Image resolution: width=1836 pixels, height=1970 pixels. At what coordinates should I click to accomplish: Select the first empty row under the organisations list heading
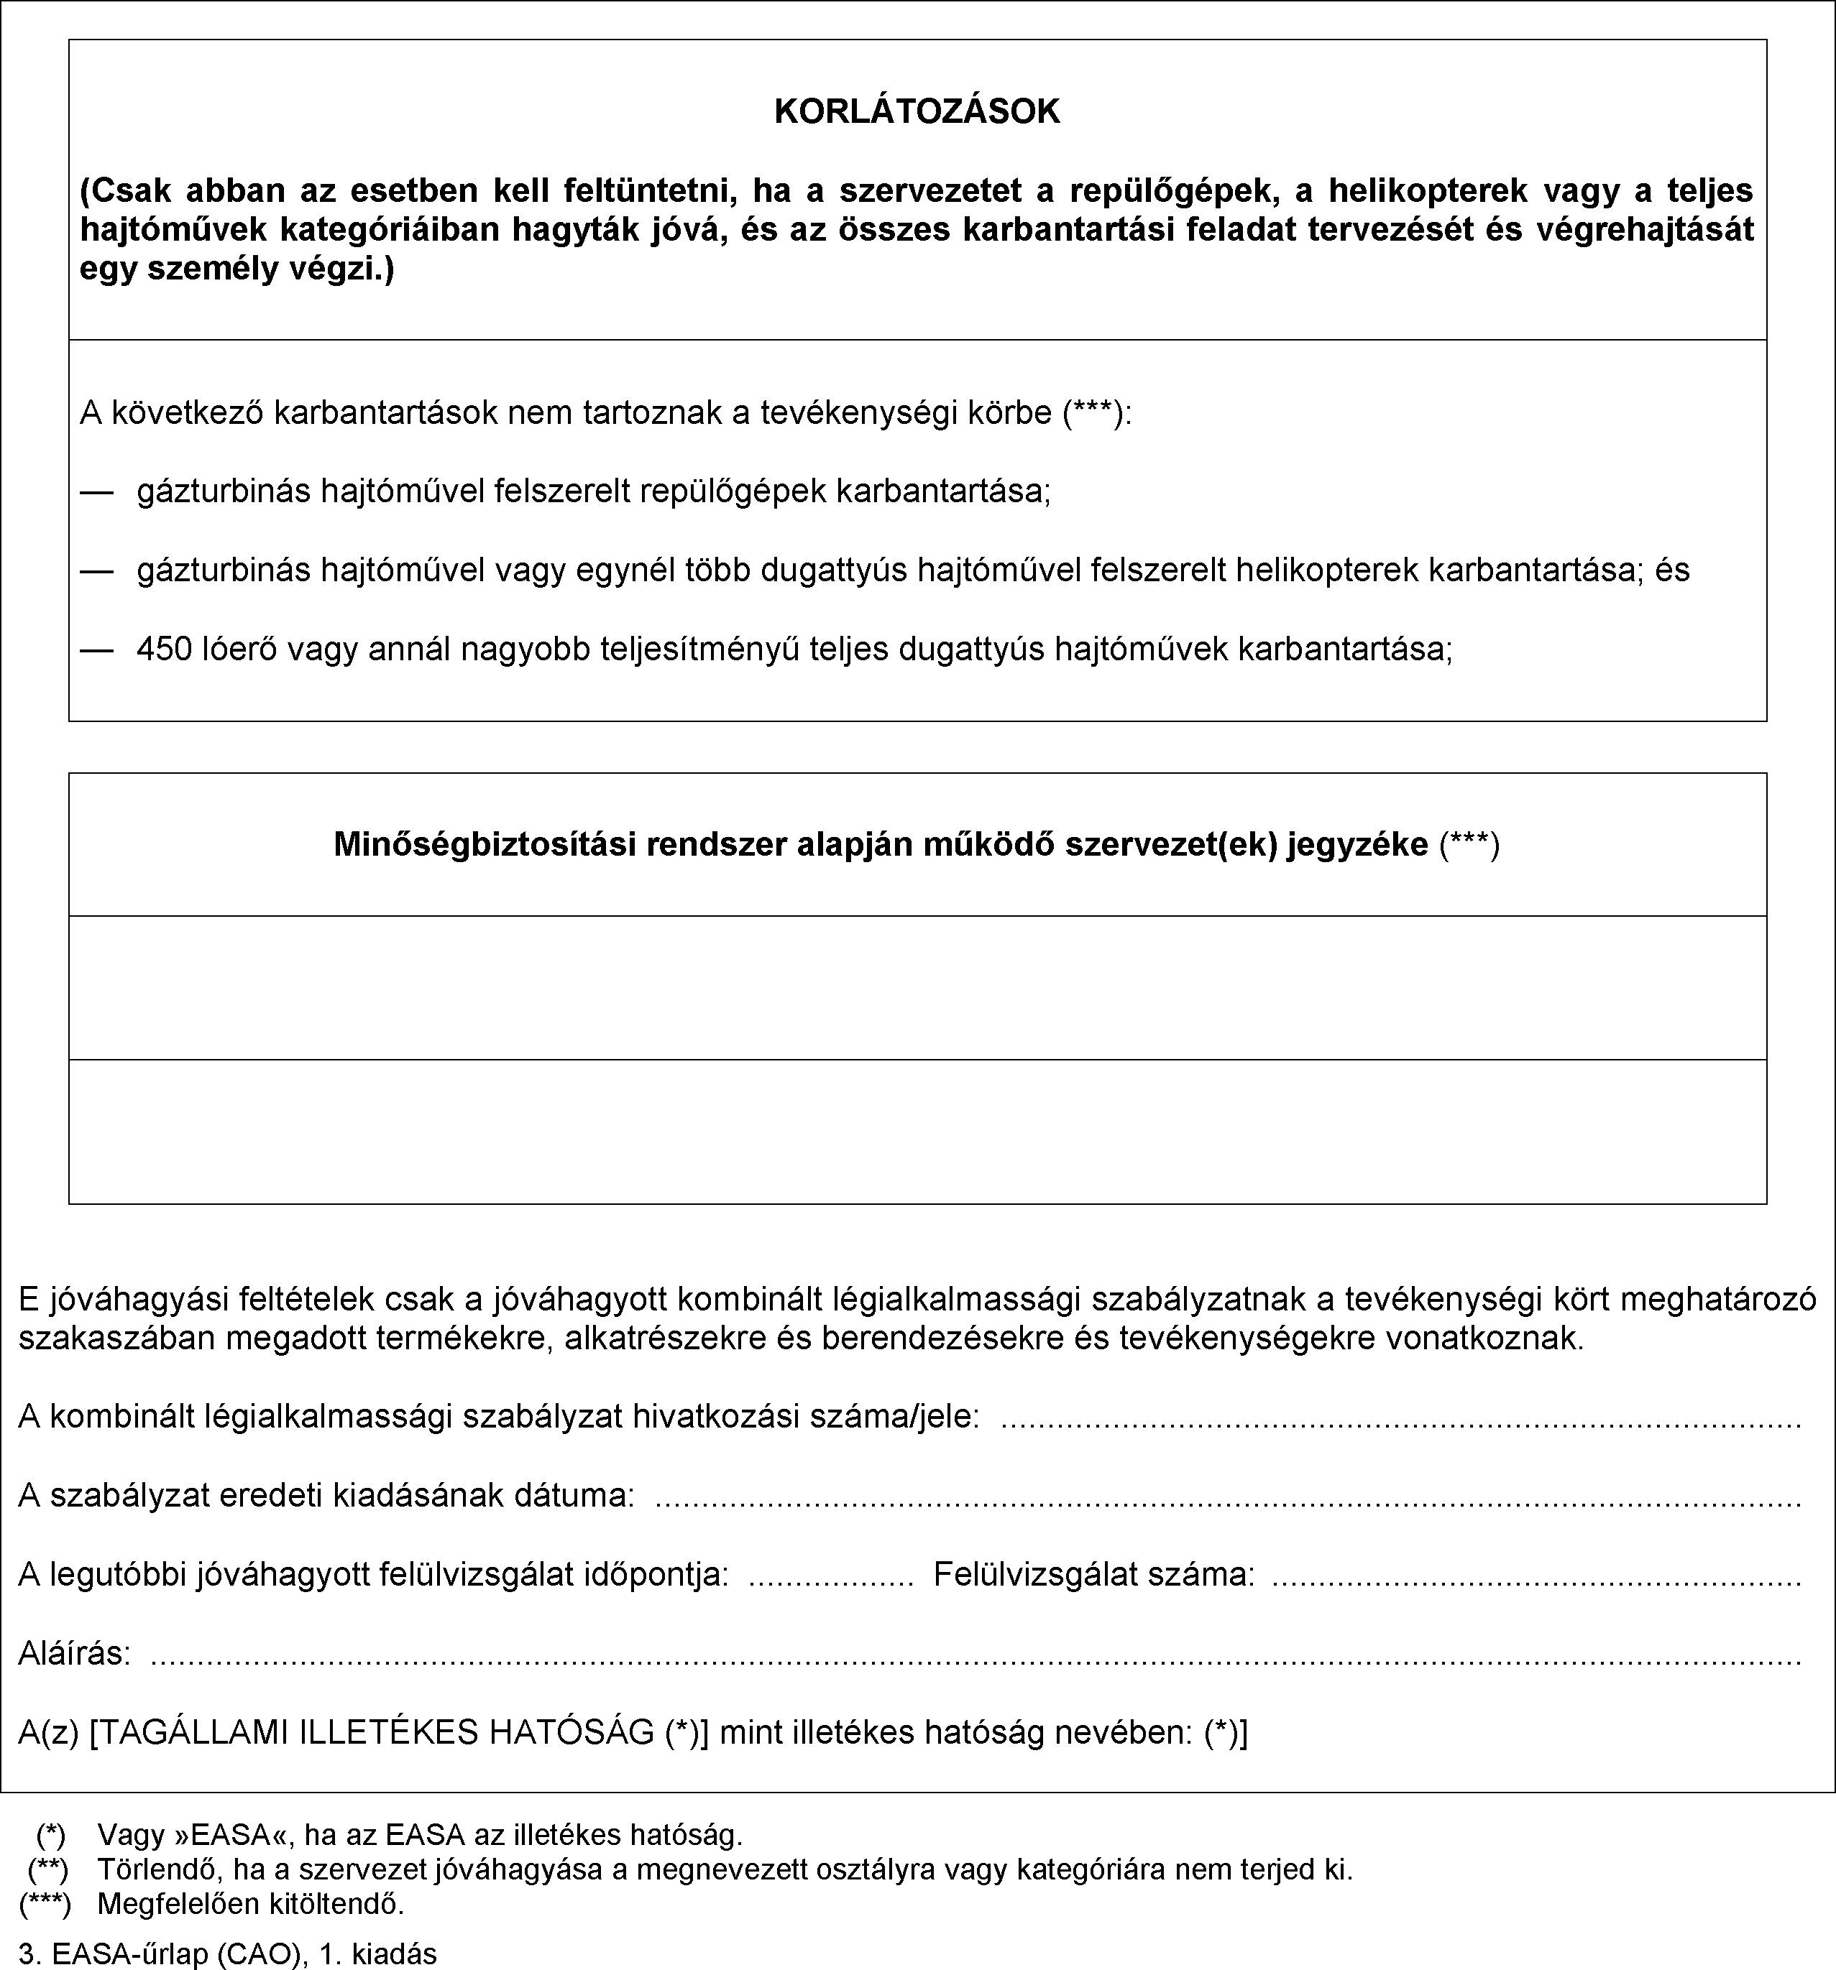point(917,987)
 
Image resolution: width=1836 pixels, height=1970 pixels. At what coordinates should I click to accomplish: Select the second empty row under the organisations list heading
point(917,1132)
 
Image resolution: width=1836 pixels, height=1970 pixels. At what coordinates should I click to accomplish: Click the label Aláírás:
point(74,1653)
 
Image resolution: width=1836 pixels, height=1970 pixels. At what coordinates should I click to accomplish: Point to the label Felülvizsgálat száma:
point(1093,1573)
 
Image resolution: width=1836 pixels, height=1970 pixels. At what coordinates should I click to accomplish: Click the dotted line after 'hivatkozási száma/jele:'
point(1400,1419)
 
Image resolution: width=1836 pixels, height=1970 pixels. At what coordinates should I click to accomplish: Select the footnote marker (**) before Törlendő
point(47,1870)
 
